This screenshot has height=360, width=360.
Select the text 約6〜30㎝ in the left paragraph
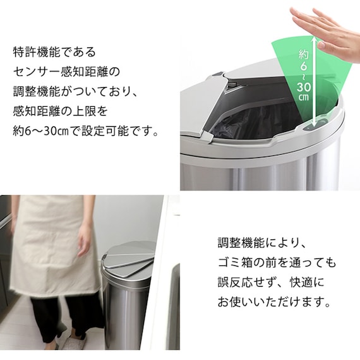[38, 133]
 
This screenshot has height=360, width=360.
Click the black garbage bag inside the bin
[253, 123]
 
